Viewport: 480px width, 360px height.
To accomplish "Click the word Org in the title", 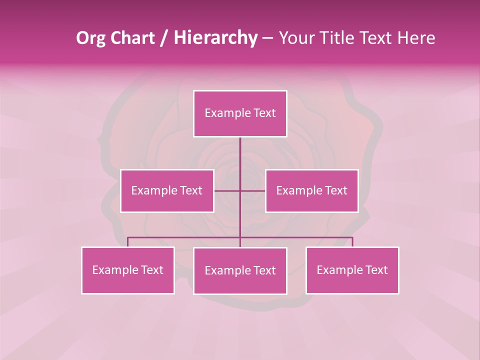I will pyautogui.click(x=90, y=38).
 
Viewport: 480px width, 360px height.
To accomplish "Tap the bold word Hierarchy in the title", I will pyautogui.click(x=215, y=38).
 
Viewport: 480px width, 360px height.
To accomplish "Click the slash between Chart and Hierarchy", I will pyautogui.click(x=164, y=38).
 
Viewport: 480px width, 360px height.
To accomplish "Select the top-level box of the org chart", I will pyautogui.click(x=240, y=113).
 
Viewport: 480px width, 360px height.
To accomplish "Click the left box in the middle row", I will pyautogui.click(x=167, y=191).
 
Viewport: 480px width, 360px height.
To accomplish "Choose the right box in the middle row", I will pyautogui.click(x=311, y=191).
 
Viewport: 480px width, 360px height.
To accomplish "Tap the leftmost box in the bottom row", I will pyautogui.click(x=127, y=270).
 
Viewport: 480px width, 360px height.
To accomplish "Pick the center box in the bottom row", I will pyautogui.click(x=240, y=271).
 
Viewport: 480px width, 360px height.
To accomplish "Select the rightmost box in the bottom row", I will pyautogui.click(x=352, y=270).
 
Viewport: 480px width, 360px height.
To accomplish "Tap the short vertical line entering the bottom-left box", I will pyautogui.click(x=127, y=242).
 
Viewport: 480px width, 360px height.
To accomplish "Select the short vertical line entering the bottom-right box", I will pyautogui.click(x=352, y=242).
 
